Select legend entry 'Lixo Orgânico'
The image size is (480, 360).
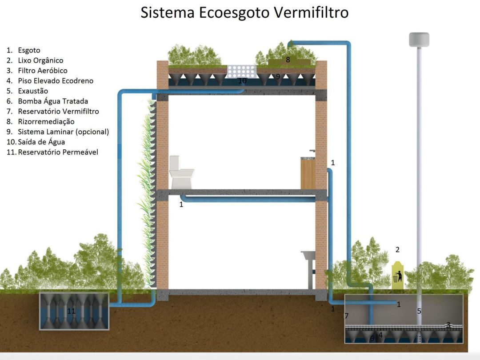tap(40, 60)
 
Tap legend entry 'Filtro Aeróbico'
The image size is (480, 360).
tap(43, 71)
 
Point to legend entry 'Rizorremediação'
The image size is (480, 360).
tap(46, 121)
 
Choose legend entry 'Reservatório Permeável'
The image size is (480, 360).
tap(58, 152)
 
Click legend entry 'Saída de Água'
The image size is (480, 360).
tap(41, 142)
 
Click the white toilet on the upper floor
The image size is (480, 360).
tap(181, 172)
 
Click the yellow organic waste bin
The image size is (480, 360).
tap(397, 276)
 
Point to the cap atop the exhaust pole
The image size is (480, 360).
tap(419, 40)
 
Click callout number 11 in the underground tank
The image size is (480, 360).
tap(71, 311)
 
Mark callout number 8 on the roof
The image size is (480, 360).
tap(288, 60)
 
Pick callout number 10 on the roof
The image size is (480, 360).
tap(242, 80)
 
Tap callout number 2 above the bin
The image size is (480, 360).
tap(397, 250)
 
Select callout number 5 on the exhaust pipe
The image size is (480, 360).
tap(419, 311)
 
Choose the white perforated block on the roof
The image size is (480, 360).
tap(242, 71)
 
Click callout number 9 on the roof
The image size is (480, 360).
tap(278, 76)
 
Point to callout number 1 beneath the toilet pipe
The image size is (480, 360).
tap(181, 204)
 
